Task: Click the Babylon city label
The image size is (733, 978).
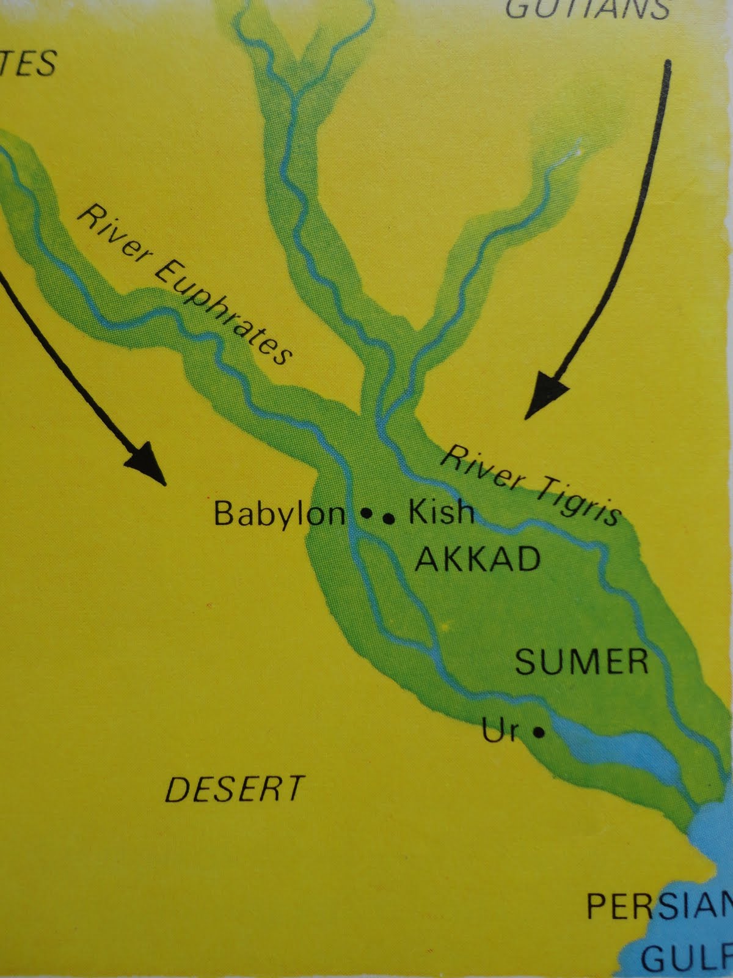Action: (x=279, y=514)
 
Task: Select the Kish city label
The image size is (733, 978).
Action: (x=441, y=512)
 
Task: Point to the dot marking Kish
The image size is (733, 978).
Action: (x=388, y=519)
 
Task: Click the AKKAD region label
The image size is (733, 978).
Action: (x=478, y=559)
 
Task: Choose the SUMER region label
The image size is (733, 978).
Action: (x=582, y=661)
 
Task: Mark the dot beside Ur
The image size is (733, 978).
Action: (x=538, y=732)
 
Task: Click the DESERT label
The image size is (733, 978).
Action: (x=235, y=789)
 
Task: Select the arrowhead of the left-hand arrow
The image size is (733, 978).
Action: (x=148, y=463)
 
